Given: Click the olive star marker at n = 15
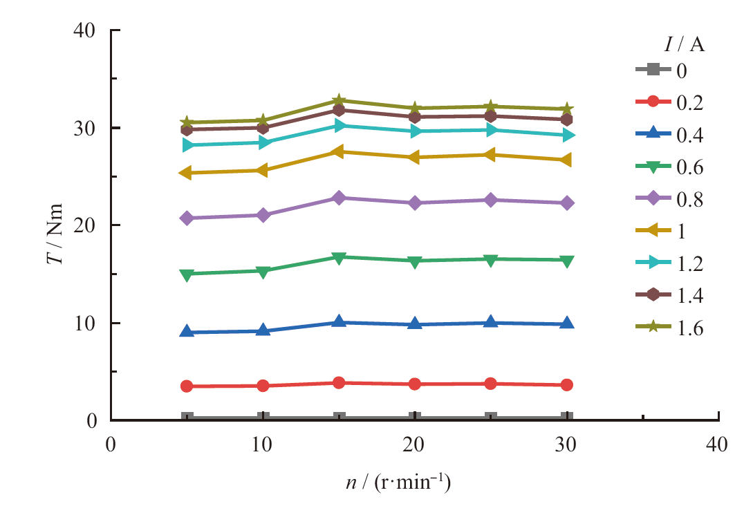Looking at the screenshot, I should (339, 101).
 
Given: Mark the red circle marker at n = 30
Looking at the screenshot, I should (567, 384).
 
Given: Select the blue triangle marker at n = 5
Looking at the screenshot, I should (187, 332).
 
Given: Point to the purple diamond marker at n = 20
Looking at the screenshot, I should (415, 203).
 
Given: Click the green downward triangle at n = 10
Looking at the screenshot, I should (263, 271).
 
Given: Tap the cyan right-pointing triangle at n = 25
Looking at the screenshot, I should (491, 130).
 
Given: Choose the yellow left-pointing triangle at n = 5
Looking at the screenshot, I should (187, 173).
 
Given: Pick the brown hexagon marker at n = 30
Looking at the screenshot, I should (567, 120).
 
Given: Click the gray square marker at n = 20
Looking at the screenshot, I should (415, 418).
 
